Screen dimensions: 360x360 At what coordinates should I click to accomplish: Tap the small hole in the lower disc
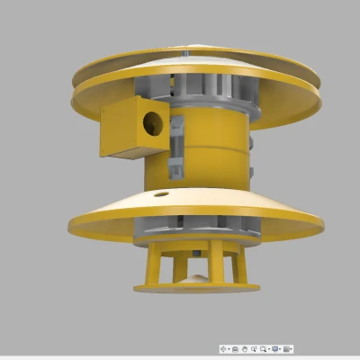click(x=160, y=193)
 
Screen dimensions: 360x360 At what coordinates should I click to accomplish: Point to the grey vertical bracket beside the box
click(x=178, y=144)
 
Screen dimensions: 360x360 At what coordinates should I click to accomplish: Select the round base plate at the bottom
click(x=197, y=288)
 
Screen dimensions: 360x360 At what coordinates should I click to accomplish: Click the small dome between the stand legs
click(x=197, y=280)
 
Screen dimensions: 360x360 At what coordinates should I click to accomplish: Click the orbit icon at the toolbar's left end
click(x=224, y=347)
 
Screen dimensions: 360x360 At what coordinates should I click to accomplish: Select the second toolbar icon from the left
click(x=236, y=347)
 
